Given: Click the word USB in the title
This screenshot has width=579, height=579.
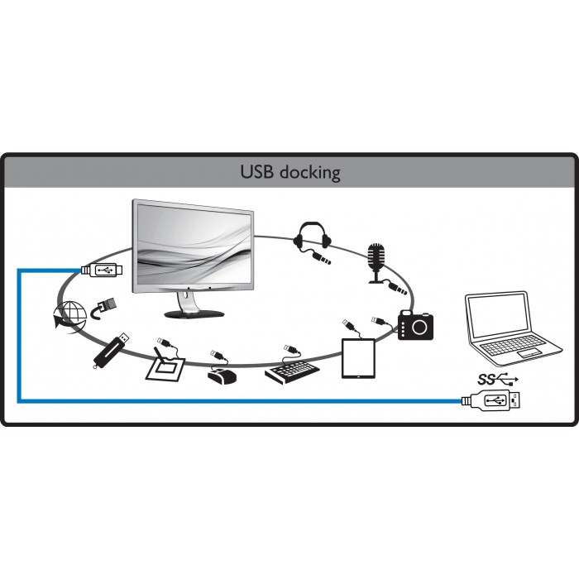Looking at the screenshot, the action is [258, 172].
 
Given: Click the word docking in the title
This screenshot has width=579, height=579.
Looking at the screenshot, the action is [310, 172].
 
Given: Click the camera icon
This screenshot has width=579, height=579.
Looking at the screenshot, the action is [415, 325].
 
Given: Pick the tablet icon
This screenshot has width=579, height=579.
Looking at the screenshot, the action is [358, 358].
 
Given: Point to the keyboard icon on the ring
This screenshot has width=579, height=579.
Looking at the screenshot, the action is [292, 371].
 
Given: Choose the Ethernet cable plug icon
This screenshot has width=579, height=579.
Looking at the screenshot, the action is [103, 308].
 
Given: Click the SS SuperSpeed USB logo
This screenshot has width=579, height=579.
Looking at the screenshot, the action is [498, 379].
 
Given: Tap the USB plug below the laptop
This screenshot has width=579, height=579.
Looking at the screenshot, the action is [492, 400].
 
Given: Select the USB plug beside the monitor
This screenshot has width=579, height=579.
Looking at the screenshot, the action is [102, 270].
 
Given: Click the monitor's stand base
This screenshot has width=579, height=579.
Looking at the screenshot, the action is [194, 313].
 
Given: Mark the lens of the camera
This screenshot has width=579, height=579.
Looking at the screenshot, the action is [420, 327].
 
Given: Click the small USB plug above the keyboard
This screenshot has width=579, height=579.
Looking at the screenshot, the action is [290, 348].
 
